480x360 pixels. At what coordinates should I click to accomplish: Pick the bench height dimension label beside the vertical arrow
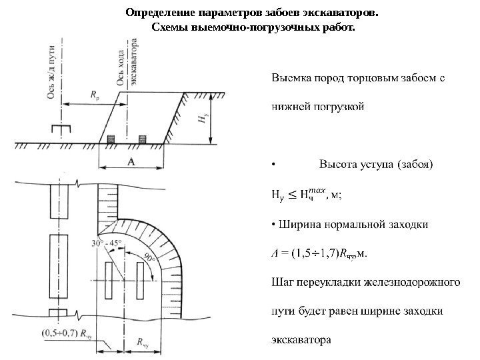pos(201,119)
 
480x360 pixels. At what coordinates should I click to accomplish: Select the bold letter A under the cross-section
pos(131,161)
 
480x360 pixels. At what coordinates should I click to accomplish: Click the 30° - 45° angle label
pos(106,245)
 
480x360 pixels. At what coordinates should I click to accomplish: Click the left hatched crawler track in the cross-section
pos(111,139)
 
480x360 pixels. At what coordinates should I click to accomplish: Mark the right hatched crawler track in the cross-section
pos(141,139)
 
